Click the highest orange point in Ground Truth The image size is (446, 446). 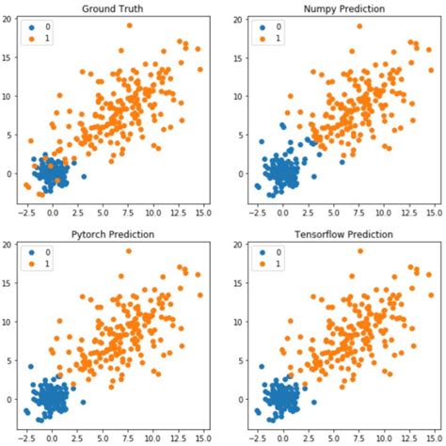tap(129, 25)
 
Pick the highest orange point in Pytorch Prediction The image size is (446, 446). tap(129, 251)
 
